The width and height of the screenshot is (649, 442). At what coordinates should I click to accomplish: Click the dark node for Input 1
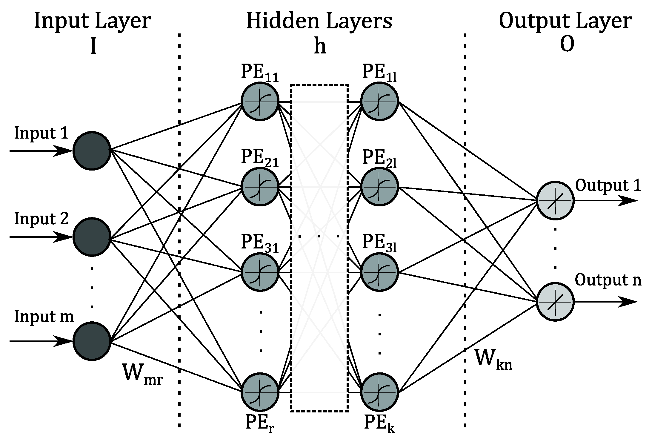[x=92, y=151]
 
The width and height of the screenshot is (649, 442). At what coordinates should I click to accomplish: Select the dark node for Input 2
[x=92, y=237]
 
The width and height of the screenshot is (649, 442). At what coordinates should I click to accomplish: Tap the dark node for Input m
[x=92, y=341]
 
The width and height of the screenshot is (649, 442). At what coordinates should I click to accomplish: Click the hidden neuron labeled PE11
[x=260, y=102]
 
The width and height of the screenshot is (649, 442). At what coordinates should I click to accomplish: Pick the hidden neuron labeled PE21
[x=260, y=187]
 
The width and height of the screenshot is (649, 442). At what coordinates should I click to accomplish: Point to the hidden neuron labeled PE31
[x=260, y=272]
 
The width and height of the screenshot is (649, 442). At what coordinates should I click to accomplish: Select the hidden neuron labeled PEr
[x=260, y=392]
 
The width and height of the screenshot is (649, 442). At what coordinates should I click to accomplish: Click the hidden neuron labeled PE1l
[x=380, y=102]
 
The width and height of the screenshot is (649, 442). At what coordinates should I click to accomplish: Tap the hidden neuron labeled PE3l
[x=380, y=272]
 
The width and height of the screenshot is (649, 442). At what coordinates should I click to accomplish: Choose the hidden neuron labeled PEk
[x=380, y=392]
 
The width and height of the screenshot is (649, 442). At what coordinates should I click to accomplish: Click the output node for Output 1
[x=555, y=200]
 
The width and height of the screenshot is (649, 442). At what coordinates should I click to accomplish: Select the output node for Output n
[x=555, y=302]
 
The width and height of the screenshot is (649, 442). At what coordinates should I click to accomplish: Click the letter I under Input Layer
[x=93, y=47]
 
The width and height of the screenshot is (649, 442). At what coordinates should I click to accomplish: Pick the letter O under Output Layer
[x=567, y=46]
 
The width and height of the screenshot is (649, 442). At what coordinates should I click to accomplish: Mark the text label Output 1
[x=608, y=186]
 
